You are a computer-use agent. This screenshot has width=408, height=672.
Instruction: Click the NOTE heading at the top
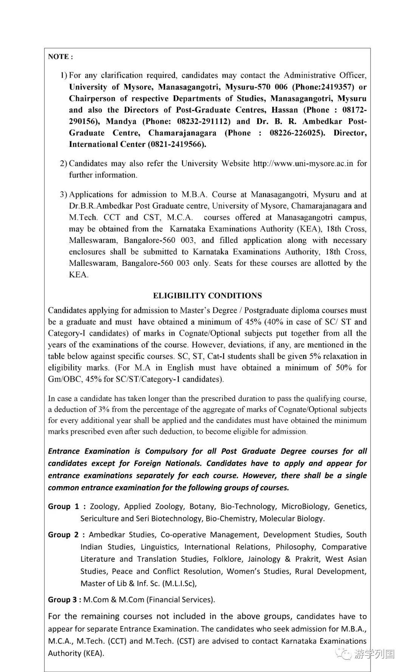pyautogui.click(x=60, y=57)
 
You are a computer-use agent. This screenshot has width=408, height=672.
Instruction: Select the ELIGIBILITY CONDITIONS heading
pyautogui.click(x=207, y=296)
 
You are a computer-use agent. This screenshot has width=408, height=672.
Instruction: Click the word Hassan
pyautogui.click(x=284, y=110)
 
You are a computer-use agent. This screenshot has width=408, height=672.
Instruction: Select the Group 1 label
pyautogui.click(x=63, y=507)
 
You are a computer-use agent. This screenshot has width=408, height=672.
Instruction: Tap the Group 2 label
pyautogui.click(x=63, y=535)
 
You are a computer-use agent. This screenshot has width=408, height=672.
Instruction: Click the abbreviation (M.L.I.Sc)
pyautogui.click(x=179, y=583)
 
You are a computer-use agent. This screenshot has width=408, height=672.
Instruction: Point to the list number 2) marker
pyautogui.click(x=63, y=164)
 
